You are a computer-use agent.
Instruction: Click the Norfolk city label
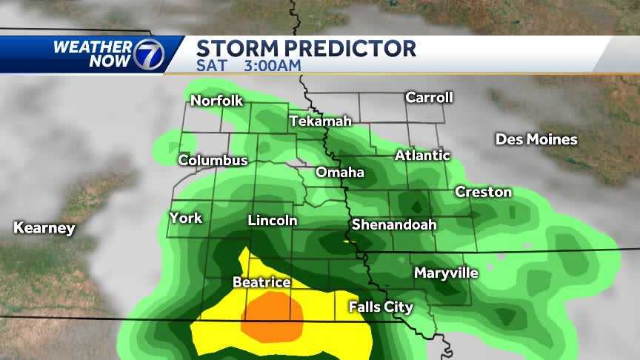coord(216,101)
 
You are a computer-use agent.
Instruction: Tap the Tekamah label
coord(320,120)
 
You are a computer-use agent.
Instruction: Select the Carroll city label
coord(429,97)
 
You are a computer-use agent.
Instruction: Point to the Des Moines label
coord(536,139)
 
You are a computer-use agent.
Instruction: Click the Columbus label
coord(213,160)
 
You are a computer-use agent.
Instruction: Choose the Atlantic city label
coord(422,156)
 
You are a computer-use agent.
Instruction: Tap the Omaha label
coord(340,173)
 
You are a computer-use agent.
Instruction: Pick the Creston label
coord(483,192)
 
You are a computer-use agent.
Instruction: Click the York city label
coord(185,218)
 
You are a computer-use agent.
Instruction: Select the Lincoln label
coord(272,221)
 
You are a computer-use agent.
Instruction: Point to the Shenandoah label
coord(393,224)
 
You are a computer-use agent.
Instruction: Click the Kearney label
coord(44,228)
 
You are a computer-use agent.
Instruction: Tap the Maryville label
coord(446,273)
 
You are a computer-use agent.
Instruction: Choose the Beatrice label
coord(261,282)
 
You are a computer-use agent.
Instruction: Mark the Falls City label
coord(381,307)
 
